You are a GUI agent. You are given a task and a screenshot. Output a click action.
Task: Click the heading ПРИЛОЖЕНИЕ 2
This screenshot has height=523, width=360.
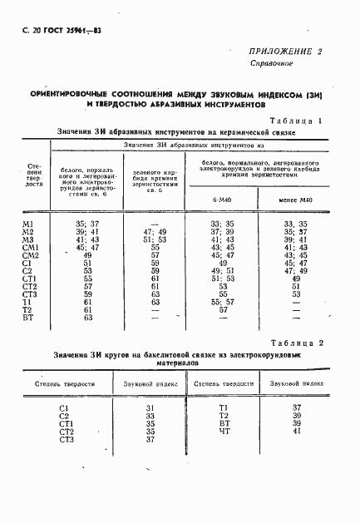pos(284,51)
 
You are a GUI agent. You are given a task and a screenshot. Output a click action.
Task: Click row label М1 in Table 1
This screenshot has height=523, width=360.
pos(27,224)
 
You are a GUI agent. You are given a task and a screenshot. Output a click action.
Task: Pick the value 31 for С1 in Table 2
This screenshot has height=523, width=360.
pos(150,407)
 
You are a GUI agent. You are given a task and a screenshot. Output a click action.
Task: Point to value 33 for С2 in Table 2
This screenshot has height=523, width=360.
pos(150,415)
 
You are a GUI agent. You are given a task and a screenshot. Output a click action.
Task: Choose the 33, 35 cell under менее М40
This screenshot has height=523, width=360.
pos(296,224)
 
